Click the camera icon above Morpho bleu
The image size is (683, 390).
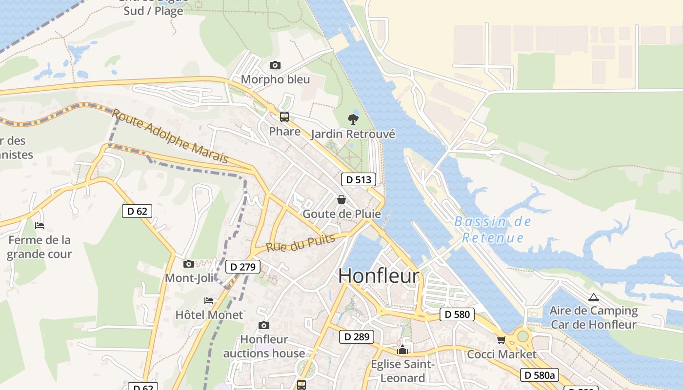coord(275,65)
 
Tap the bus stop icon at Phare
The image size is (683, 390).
coord(284,117)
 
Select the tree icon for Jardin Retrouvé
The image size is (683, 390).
coord(353,119)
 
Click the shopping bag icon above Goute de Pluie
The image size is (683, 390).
coord(341,199)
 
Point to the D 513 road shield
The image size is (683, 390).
coord(359,179)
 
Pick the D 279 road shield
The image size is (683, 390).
coord(243,267)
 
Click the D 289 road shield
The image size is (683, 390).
coord(357,336)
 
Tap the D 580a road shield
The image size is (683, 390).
coord(539,375)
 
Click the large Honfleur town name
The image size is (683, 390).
coord(379,276)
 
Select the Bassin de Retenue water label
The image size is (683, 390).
coord(493,230)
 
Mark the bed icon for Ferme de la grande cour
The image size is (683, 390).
coord(40,225)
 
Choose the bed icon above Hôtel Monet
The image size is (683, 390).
coord(209,300)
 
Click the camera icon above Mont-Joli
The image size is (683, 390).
coord(189,264)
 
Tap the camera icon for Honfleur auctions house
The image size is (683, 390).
coord(264,325)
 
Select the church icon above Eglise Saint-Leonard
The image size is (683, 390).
coord(402,350)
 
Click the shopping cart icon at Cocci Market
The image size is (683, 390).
coord(501,340)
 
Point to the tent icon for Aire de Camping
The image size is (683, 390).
coord(593,297)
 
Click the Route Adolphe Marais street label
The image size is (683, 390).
coord(170,136)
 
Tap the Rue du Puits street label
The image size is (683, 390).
coord(301,242)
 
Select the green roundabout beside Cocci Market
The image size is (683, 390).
coord(523,335)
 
